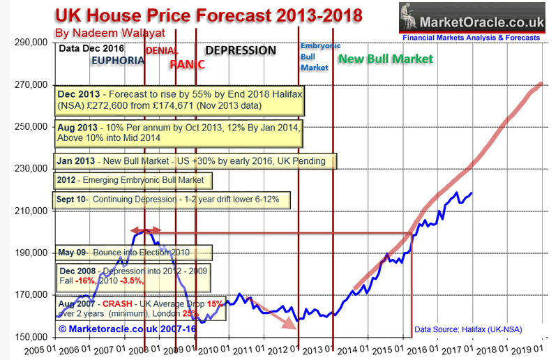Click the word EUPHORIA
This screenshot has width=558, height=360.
tap(118, 61)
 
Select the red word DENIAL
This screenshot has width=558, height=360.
tap(162, 51)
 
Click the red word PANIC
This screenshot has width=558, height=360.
tap(188, 64)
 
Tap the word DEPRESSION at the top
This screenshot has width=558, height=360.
tap(240, 51)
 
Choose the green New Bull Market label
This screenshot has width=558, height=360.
tap(385, 59)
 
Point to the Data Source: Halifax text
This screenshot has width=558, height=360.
tap(467, 329)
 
